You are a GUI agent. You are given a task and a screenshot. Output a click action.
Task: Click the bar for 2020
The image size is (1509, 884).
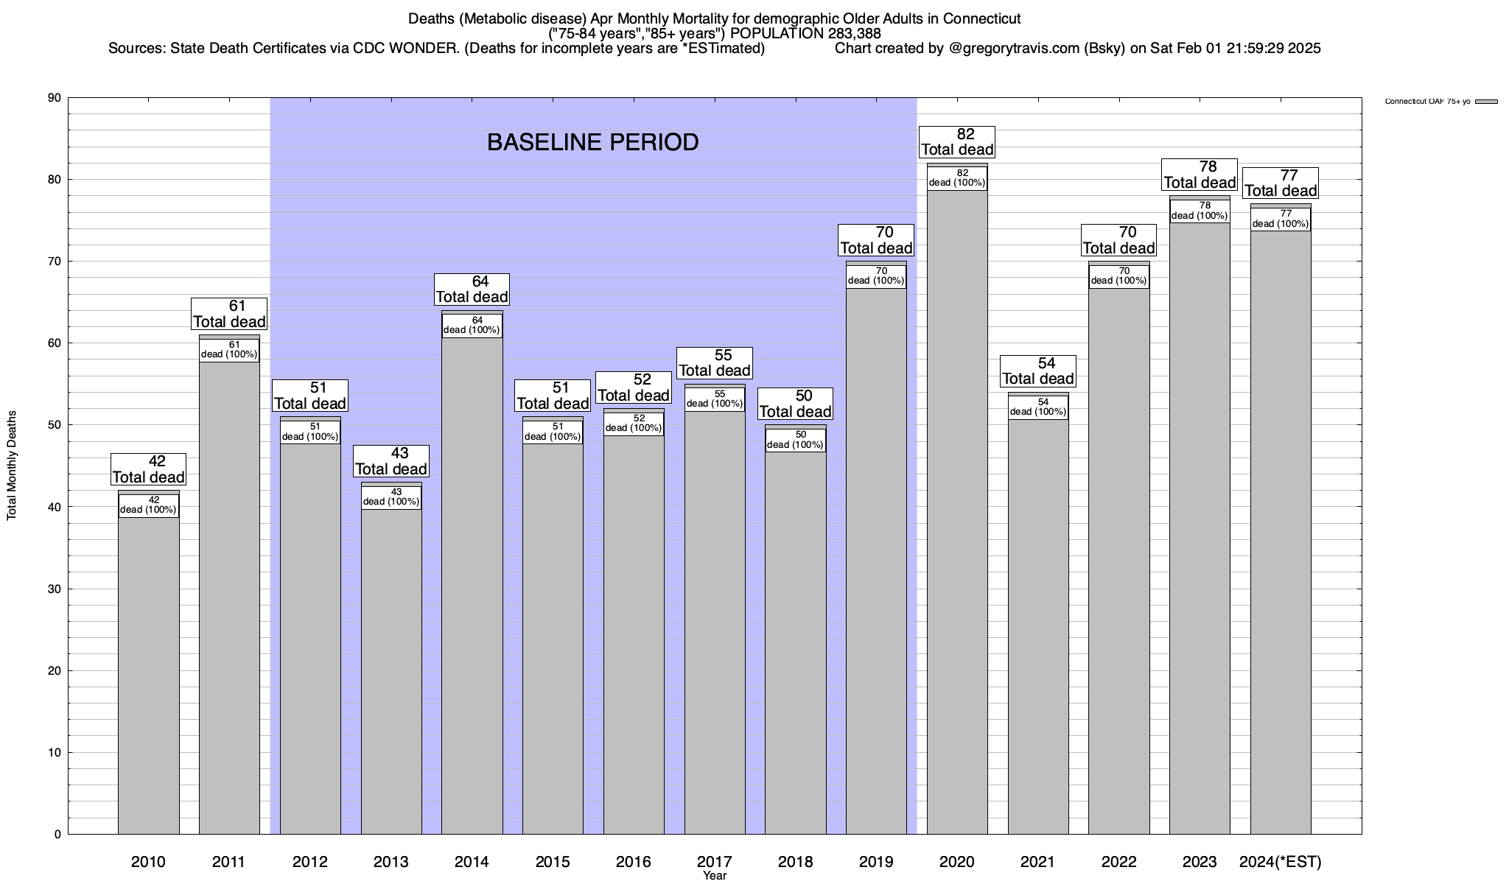tap(957, 516)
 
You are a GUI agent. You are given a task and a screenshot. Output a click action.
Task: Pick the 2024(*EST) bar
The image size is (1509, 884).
tap(1281, 530)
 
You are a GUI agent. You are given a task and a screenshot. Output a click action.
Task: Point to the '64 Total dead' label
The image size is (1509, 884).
tap(472, 289)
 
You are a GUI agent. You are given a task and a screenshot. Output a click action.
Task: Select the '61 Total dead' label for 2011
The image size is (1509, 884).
tap(229, 314)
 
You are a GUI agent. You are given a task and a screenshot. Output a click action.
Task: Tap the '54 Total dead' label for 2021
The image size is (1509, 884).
tap(1038, 371)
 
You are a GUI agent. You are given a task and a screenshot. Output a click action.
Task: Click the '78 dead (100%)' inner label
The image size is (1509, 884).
tap(1200, 211)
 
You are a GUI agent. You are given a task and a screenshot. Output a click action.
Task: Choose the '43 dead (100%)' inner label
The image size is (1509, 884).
tap(391, 497)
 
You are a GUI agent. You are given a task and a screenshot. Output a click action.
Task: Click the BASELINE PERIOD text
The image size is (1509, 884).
tap(592, 142)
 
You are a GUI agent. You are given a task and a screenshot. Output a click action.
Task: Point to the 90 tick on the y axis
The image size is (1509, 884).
tap(55, 98)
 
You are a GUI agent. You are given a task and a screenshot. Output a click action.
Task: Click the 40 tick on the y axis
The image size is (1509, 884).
tap(55, 507)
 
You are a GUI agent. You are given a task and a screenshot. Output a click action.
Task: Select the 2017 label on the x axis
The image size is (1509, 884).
tap(714, 861)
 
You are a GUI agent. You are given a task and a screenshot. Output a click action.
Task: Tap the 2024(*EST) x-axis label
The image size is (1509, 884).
tap(1281, 861)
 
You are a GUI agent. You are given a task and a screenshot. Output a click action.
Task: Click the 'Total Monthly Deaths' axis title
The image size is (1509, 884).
tap(12, 466)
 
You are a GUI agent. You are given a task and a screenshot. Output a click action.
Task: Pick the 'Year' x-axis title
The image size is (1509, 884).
tap(714, 876)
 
